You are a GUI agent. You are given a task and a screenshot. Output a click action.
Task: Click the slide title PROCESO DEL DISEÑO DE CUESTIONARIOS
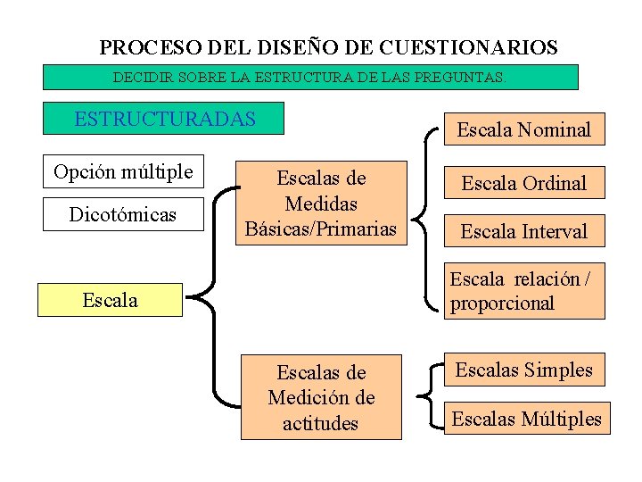click(328, 47)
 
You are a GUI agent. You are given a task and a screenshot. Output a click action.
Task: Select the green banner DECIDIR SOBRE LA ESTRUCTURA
click(310, 77)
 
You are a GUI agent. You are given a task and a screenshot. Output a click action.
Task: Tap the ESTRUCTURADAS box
click(165, 119)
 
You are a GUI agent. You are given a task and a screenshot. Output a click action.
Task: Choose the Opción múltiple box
click(123, 171)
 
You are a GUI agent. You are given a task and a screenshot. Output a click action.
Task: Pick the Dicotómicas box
click(123, 215)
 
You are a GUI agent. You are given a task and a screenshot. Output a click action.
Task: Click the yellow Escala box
click(110, 300)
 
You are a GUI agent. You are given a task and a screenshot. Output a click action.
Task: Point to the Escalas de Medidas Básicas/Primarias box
click(321, 204)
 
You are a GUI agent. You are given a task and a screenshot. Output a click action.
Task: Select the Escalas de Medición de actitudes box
click(321, 397)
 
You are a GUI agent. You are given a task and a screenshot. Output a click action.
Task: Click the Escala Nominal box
click(523, 129)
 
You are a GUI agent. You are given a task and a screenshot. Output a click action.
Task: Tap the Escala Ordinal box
click(523, 183)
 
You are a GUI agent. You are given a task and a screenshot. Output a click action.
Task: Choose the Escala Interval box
click(523, 231)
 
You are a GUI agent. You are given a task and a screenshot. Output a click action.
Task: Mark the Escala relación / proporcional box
click(523, 291)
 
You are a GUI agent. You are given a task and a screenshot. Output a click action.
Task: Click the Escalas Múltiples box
click(526, 418)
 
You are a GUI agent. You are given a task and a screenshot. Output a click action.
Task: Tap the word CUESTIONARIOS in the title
click(468, 47)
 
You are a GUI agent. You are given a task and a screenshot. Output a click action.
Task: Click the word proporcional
click(502, 303)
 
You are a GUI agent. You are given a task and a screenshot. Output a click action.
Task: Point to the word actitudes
click(320, 423)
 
